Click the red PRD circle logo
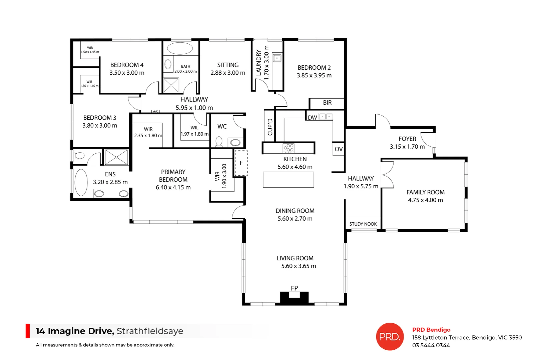coord(390,336)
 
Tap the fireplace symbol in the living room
coord(294,297)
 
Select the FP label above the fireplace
coord(294,288)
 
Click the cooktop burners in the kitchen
coord(289,148)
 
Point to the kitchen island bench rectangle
coord(288,180)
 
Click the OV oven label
coord(339,149)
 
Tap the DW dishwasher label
coord(313,118)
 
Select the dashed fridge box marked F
coord(241,163)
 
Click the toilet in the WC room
coord(219,142)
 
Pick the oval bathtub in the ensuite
coord(81,182)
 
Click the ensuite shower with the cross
coord(116,157)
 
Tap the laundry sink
coord(277,58)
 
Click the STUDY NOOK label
coord(363,224)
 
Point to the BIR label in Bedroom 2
coord(327,103)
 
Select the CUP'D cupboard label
coord(270,127)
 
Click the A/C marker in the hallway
coord(155,111)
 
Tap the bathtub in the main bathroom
coord(180,48)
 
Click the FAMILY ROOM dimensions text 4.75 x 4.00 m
coord(425,200)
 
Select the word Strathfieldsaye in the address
coord(150,331)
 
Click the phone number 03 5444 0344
coord(431,345)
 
